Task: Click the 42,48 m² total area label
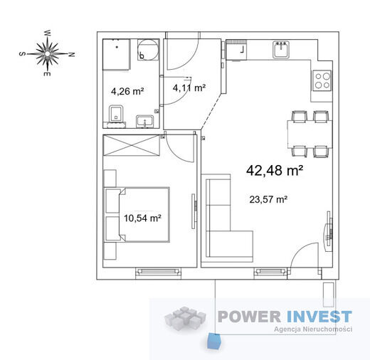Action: [275, 170]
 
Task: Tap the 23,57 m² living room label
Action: [268, 199]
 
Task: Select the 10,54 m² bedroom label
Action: [142, 218]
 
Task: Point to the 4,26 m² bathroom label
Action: [127, 91]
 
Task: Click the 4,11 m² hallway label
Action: [189, 88]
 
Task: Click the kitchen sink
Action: [281, 50]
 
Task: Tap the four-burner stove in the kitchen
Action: [322, 80]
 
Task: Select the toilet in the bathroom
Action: [116, 115]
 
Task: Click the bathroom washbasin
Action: [144, 122]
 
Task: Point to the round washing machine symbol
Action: [148, 49]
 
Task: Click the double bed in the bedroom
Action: [137, 215]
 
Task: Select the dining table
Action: [310, 134]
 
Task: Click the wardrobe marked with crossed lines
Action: [131, 145]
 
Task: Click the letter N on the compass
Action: [72, 55]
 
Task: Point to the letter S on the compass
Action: [22, 54]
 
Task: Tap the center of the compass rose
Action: [48, 54]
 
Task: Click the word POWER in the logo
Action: [249, 317]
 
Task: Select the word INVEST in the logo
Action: [319, 317]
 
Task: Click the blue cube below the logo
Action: [213, 342]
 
